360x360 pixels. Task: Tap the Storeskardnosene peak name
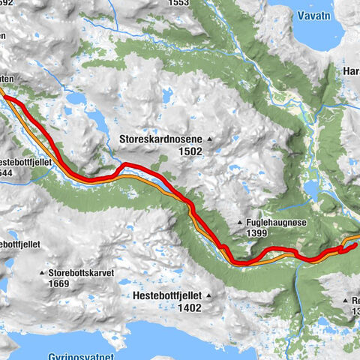point(160,139)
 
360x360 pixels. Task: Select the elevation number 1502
point(190,151)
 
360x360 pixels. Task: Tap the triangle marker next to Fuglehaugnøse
point(239,223)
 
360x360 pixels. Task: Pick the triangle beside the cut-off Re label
point(344,300)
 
